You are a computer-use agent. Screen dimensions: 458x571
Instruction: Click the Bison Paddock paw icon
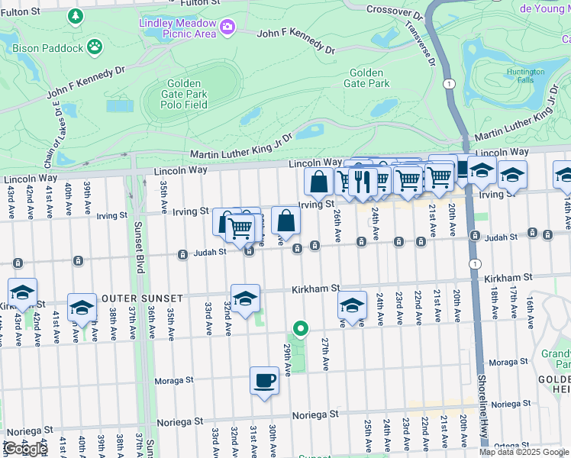click(95, 47)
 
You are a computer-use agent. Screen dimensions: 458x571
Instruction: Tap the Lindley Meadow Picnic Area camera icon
click(227, 28)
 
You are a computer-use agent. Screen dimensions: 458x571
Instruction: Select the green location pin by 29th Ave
click(301, 329)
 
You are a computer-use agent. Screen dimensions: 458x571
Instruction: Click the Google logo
click(25, 449)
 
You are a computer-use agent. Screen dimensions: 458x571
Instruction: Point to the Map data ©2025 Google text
click(524, 452)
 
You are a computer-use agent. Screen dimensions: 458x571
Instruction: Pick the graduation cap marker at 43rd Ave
click(23, 292)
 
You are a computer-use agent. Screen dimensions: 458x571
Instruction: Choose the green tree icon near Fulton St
click(75, 15)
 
